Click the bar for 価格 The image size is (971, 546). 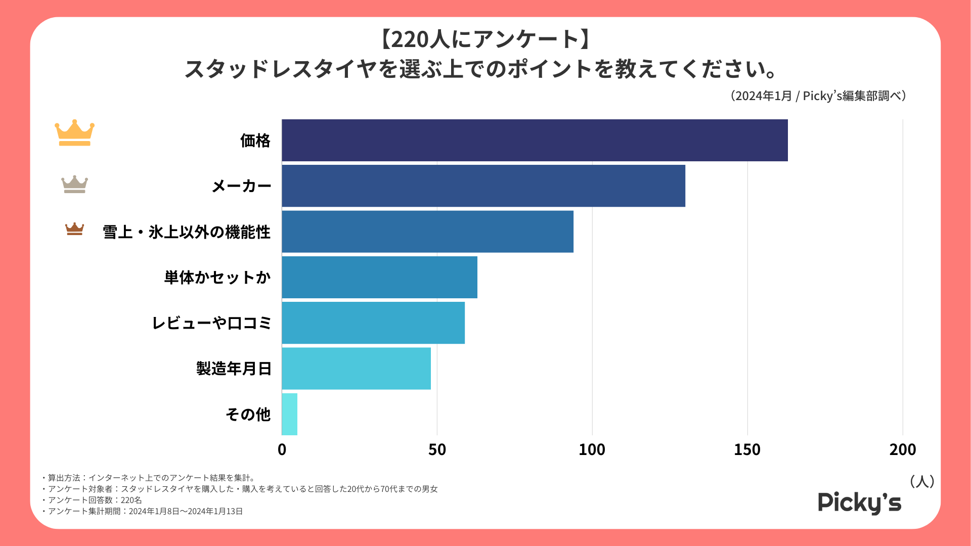point(535,141)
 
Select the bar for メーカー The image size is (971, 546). point(483,186)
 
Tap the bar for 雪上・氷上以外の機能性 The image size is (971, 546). point(427,232)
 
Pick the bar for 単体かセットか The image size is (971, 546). point(379,277)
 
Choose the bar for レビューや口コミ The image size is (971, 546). point(373,323)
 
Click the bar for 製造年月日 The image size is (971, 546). point(356,368)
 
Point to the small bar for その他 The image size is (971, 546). point(289,414)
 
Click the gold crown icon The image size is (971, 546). point(74,133)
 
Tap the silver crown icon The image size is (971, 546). point(74,185)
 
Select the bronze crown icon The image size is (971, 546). point(74,229)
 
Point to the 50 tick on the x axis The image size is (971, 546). point(437,449)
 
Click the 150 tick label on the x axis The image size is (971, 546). point(747,449)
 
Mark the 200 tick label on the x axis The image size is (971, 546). point(902,449)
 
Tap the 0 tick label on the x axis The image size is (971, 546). point(282,449)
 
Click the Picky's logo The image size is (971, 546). point(859,503)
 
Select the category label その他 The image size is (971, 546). point(248,415)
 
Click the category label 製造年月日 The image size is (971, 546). point(234,369)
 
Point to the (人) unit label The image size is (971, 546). point(921,481)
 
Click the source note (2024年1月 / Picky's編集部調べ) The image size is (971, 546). point(818,96)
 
